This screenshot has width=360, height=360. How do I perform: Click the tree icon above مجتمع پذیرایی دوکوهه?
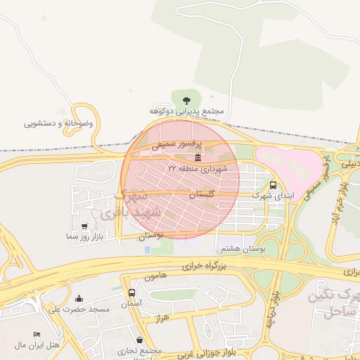[186, 101]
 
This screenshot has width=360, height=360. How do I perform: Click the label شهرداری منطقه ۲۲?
[198, 169]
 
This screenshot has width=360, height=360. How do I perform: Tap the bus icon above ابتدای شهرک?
[273, 185]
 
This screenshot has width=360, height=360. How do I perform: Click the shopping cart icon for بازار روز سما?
[85, 226]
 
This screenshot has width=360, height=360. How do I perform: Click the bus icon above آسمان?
[131, 292]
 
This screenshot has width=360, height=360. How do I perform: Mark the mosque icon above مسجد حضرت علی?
[79, 298]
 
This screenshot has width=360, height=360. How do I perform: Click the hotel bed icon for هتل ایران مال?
[37, 334]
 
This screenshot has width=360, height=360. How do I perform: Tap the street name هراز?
[163, 319]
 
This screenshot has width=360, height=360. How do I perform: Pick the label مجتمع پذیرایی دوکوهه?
[186, 112]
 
